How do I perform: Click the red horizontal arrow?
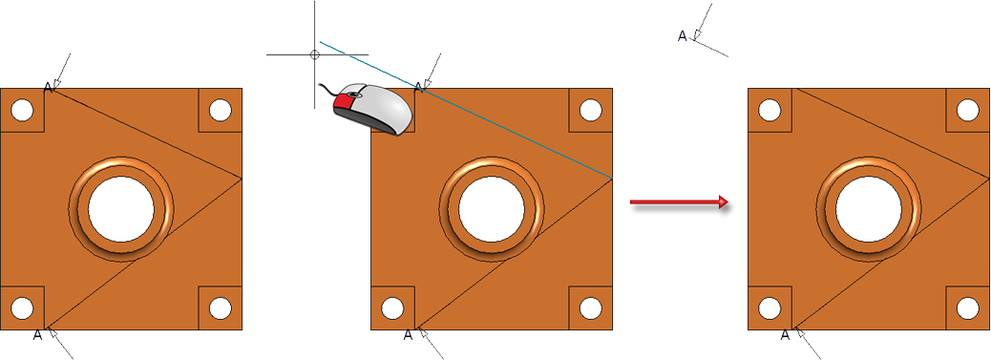(680, 202)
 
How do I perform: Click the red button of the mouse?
(345, 102)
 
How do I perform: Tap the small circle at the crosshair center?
(315, 55)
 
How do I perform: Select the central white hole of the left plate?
(120, 209)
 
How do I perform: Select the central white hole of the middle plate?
(492, 209)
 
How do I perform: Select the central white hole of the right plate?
(869, 209)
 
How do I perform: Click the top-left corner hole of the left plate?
(22, 110)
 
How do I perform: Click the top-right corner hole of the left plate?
(220, 110)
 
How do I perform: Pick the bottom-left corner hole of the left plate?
(22, 308)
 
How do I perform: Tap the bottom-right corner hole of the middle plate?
(590, 308)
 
